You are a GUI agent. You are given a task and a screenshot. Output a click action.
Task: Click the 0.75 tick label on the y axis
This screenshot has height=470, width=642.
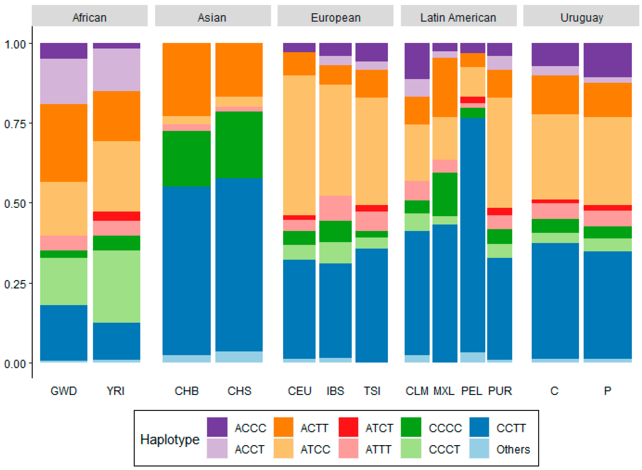(x=15, y=124)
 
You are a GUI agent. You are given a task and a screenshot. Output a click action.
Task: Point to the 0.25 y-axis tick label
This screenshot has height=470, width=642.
(x=15, y=284)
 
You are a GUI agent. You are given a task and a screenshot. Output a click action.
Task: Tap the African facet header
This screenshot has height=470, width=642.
(x=90, y=18)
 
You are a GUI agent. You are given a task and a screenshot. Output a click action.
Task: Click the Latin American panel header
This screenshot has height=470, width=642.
(x=458, y=18)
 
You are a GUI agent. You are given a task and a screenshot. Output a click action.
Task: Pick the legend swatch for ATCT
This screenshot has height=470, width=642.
(x=348, y=427)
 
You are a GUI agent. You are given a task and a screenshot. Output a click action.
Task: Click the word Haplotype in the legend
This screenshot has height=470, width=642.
(x=170, y=440)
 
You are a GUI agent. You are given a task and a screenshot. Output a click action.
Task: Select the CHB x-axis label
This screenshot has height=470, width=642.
(x=187, y=391)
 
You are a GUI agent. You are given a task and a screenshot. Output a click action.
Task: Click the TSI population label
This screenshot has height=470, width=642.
(x=372, y=391)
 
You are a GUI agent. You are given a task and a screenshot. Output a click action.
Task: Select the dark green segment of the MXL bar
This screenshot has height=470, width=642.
(x=445, y=194)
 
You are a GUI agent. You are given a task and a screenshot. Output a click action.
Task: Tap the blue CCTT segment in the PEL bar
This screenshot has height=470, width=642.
(x=473, y=235)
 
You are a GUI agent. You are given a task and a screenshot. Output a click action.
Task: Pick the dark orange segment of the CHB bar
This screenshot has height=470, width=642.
(x=186, y=79)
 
